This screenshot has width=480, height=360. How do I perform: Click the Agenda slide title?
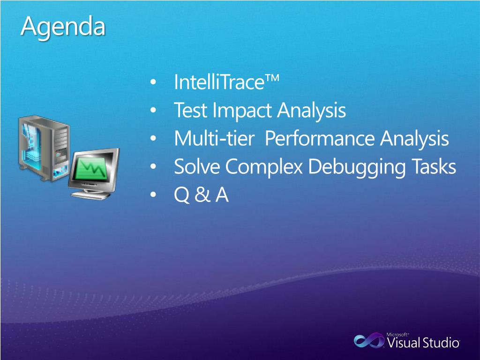pos(63,27)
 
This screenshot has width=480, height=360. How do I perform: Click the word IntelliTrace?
pos(219,82)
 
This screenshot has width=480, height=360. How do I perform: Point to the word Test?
pos(190,110)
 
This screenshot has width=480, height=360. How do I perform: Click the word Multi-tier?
pos(214,138)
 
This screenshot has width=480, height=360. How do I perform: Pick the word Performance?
pos(320,138)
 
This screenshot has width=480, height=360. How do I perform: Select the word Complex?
pos(264,167)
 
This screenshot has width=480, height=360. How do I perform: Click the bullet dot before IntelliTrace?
pos(153,82)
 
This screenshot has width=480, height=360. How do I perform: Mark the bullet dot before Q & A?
pos(153,195)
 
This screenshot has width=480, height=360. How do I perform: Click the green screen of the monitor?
pos(90,168)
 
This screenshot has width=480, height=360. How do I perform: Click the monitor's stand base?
pos(90,195)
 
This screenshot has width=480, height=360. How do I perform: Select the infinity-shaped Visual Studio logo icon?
pos(369,340)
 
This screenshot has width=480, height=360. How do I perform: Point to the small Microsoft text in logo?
pos(397,335)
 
